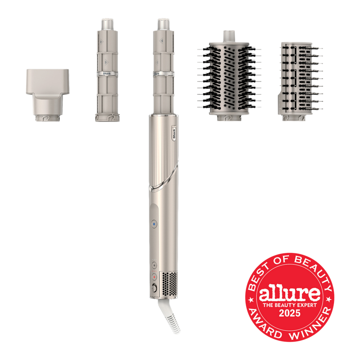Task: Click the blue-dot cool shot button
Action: pyautogui.click(x=154, y=224)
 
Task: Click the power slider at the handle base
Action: pyautogui.click(x=154, y=288)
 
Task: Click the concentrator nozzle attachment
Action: pyautogui.click(x=48, y=95)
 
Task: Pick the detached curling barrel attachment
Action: pyautogui.click(x=107, y=70)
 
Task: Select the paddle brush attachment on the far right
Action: pyautogui.click(x=300, y=81)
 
